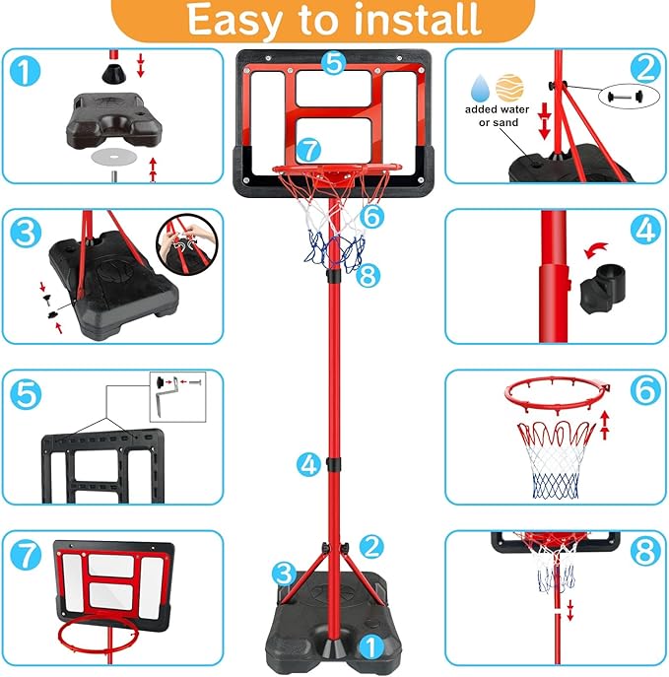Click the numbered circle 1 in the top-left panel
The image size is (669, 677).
click(29, 71)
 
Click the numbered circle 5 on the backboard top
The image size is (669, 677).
click(334, 62)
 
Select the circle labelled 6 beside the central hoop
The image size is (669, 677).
click(370, 214)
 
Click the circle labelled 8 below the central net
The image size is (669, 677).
click(367, 276)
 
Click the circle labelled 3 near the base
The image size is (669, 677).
click(285, 572)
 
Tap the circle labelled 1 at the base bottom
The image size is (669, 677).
click(368, 646)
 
